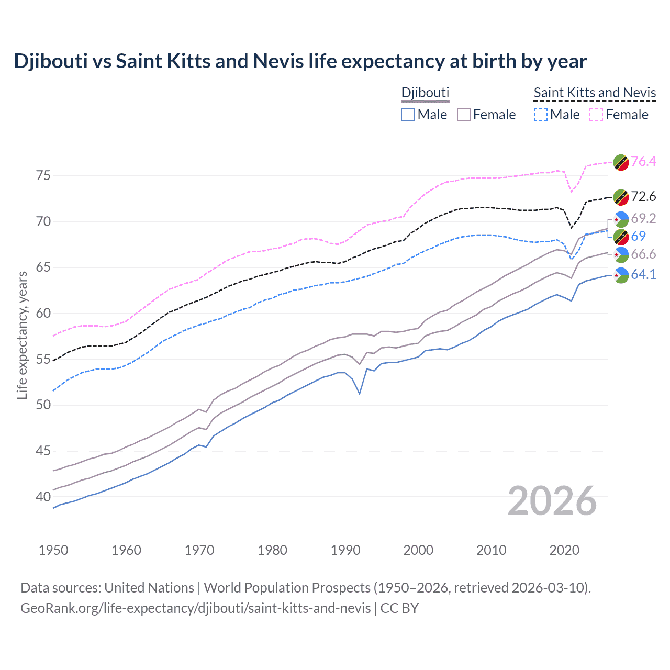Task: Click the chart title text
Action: click(300, 61)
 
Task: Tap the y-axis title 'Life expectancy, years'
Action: click(22, 335)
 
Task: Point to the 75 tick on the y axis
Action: click(43, 175)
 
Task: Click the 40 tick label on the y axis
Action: click(43, 496)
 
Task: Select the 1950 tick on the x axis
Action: click(53, 550)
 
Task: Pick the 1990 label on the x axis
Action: click(345, 550)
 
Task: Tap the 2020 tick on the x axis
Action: click(564, 550)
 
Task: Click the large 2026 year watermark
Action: click(552, 501)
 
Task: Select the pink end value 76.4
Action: click(643, 161)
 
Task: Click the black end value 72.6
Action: click(643, 196)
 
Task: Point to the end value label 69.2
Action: click(643, 218)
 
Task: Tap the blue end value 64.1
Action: click(643, 274)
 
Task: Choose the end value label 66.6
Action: click(643, 254)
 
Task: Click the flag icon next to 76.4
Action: click(621, 162)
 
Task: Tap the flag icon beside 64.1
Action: click(621, 275)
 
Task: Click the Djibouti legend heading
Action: click(425, 93)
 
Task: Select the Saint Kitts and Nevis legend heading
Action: click(595, 93)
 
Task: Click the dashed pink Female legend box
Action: click(596, 115)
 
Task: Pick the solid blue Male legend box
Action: click(408, 115)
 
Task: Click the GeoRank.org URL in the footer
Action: click(195, 608)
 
